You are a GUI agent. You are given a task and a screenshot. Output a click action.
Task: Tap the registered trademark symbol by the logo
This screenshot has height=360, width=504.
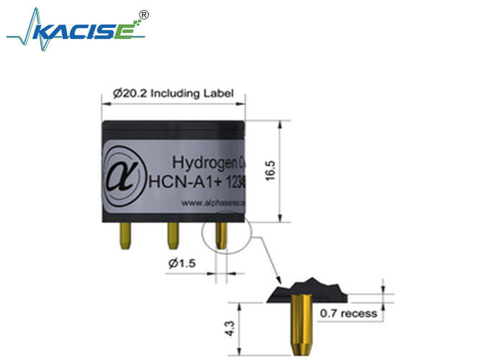(143, 14)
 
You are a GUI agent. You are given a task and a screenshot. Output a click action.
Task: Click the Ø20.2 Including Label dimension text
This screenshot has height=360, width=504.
(173, 93)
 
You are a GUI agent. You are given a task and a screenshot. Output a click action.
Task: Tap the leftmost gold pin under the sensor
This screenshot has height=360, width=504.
(126, 235)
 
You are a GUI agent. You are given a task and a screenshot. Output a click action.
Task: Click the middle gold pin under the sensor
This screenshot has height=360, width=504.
(173, 235)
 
